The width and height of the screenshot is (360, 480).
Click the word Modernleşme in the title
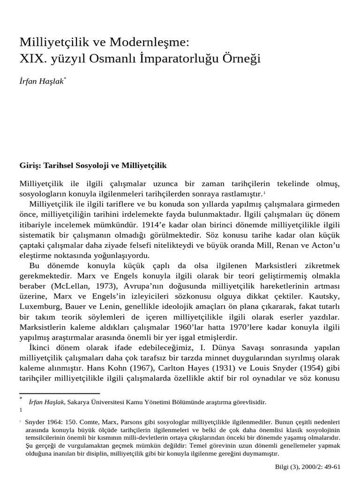click(x=150, y=43)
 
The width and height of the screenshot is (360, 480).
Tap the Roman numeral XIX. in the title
click(x=33, y=60)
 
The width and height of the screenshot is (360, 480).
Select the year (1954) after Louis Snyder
click(x=309, y=368)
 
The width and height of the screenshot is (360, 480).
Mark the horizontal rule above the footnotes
click(x=60, y=393)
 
